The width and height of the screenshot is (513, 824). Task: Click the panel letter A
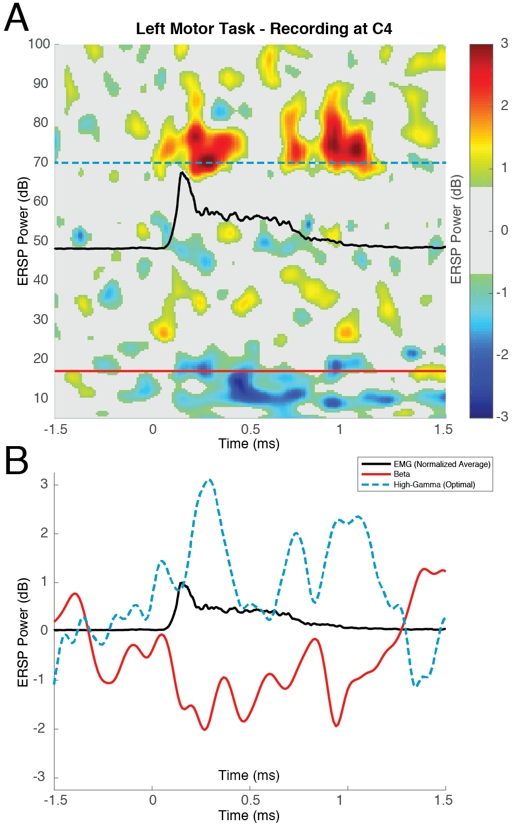coord(17,18)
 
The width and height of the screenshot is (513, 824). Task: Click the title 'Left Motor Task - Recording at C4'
coord(264,29)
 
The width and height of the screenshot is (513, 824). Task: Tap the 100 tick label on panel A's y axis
coord(39,44)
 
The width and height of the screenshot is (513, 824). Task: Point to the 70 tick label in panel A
coord(41,162)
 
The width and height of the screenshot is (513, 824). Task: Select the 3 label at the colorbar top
coord(504,44)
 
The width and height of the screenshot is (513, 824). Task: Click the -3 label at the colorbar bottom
coord(502,416)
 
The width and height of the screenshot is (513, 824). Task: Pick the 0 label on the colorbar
coord(504,230)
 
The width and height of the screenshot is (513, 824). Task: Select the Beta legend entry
coord(401,474)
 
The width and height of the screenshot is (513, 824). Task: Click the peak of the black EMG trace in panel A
coord(181,173)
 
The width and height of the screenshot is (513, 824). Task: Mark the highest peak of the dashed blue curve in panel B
coord(209,480)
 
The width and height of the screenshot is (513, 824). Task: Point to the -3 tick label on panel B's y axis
coord(39,777)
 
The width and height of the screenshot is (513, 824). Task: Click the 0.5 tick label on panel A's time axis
coord(250,430)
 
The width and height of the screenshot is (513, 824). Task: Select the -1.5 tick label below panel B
coord(55,800)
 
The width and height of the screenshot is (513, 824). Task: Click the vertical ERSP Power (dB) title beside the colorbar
coord(456,229)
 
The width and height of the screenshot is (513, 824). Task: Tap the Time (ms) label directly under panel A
coord(249,444)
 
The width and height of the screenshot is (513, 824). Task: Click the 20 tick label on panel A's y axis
coord(41,359)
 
